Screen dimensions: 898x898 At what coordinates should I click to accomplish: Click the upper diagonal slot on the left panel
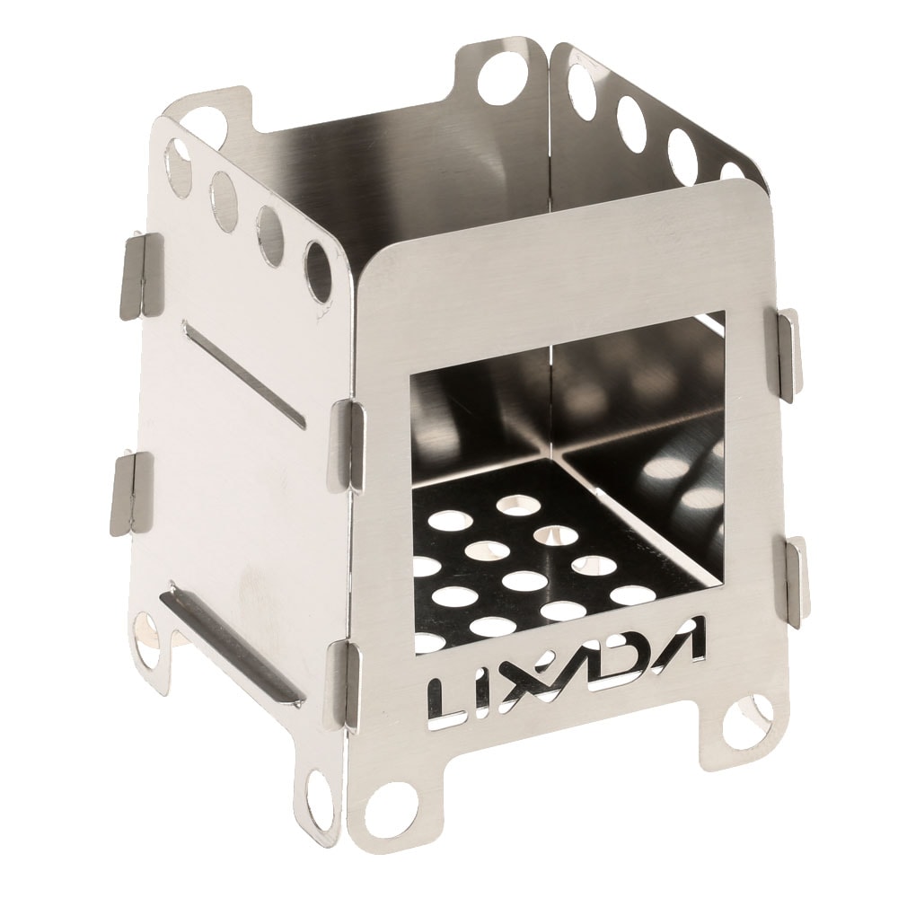(243, 372)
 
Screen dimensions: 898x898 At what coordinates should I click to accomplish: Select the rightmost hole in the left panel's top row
(318, 270)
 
